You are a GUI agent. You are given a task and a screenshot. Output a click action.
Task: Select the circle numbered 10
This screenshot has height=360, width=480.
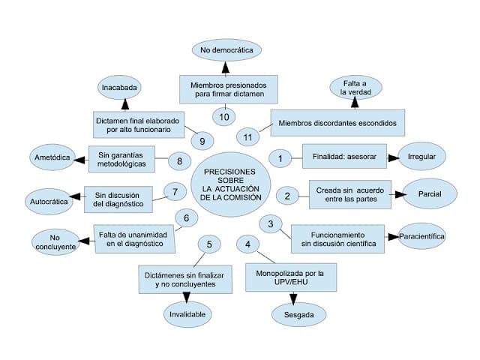click(223, 115)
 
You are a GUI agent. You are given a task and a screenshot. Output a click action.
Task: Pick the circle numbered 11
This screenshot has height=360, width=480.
click(248, 136)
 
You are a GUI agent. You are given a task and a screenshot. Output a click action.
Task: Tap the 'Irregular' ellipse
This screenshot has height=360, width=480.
click(421, 157)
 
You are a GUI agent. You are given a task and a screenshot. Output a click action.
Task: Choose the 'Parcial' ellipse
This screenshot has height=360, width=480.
click(428, 194)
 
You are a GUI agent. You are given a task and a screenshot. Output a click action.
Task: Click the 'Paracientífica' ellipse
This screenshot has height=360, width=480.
click(422, 236)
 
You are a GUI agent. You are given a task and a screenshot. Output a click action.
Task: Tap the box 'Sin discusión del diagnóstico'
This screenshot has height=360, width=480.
click(118, 196)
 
